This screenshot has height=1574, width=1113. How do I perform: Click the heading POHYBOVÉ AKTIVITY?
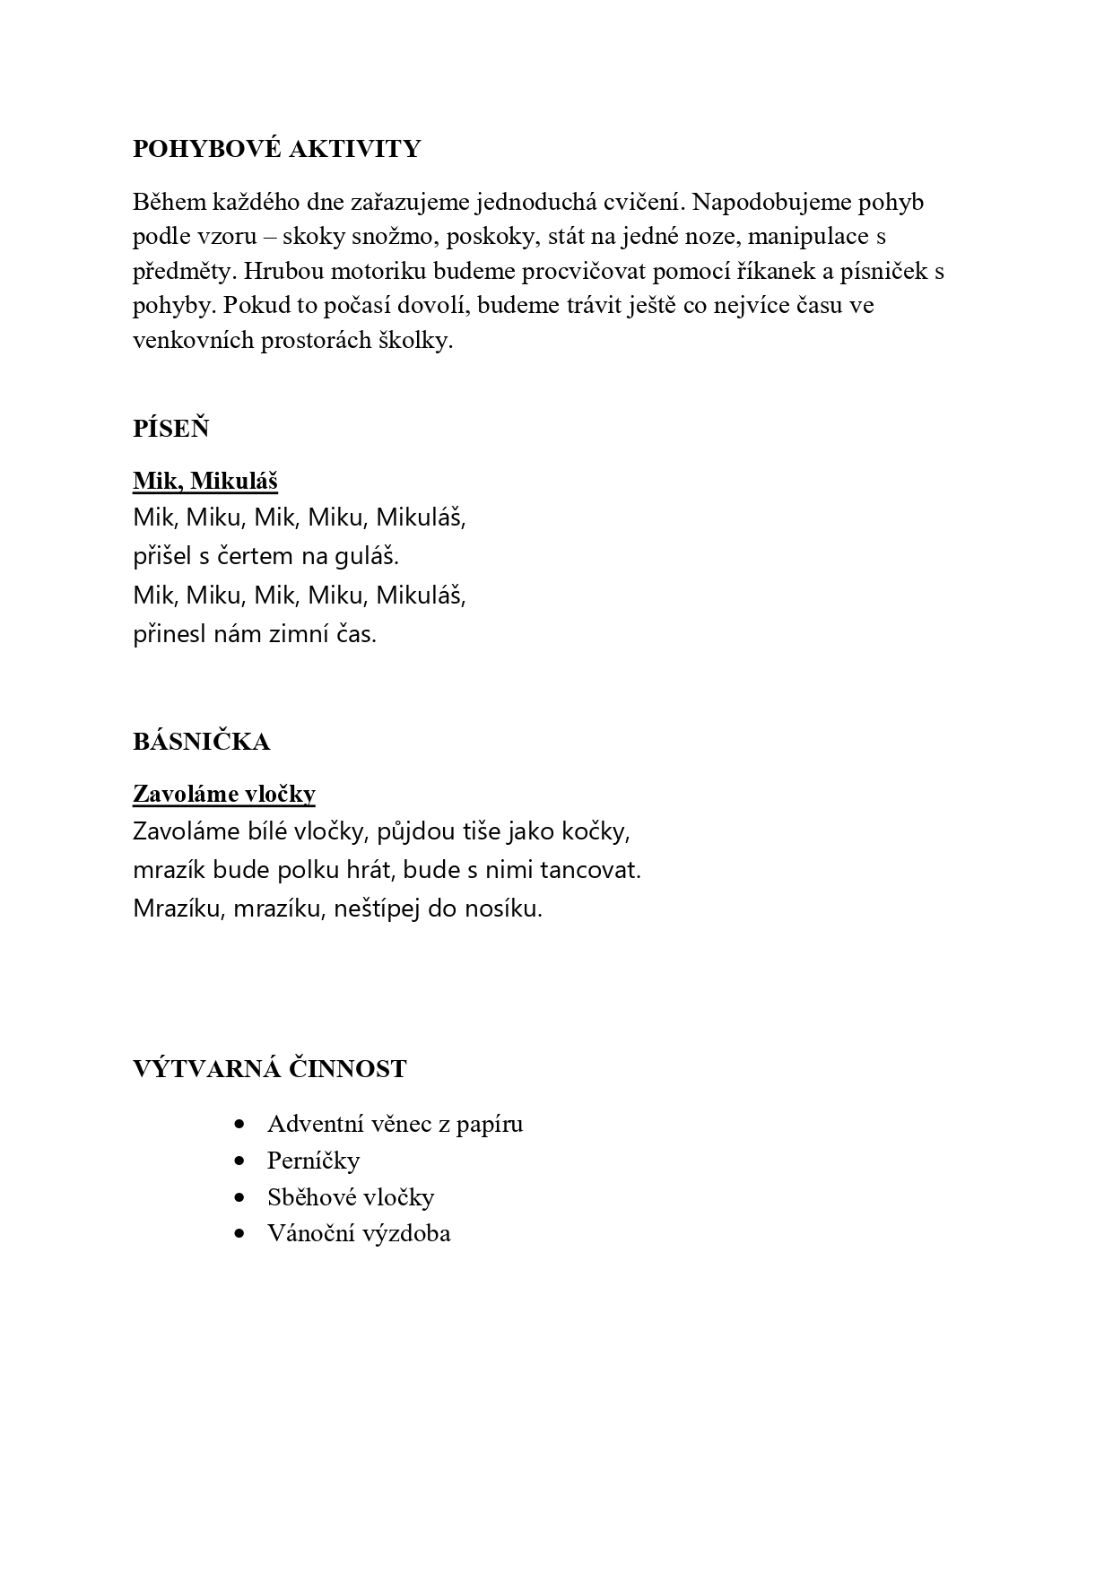pyautogui.click(x=276, y=149)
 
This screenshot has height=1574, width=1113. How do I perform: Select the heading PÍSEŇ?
pyautogui.click(x=170, y=429)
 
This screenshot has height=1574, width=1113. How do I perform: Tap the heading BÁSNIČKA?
pyautogui.click(x=201, y=742)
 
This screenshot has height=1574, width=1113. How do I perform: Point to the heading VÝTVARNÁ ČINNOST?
pyautogui.click(x=269, y=1069)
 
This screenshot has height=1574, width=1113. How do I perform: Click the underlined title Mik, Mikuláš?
pyautogui.click(x=205, y=482)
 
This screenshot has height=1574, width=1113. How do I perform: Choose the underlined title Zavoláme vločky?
pyautogui.click(x=223, y=794)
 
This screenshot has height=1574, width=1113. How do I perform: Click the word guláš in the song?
pyautogui.click(x=367, y=557)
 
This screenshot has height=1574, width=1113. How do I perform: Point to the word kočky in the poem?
pyautogui.click(x=596, y=831)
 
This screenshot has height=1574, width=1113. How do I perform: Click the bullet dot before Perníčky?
pyautogui.click(x=239, y=1161)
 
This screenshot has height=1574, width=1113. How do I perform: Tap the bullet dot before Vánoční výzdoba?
pyautogui.click(x=239, y=1233)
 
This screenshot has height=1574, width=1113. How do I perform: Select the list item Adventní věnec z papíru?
pyautogui.click(x=395, y=1124)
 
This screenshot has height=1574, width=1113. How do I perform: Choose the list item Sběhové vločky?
pyautogui.click(x=351, y=1197)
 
